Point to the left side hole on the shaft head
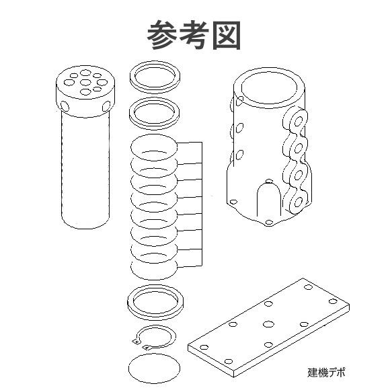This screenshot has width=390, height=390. point(65,106)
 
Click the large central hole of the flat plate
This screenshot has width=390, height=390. point(268,324)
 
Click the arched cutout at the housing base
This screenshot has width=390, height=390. point(268,198)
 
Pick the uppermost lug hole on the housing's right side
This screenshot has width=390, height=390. point(293,122)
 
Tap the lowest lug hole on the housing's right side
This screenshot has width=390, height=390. point(294,202)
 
